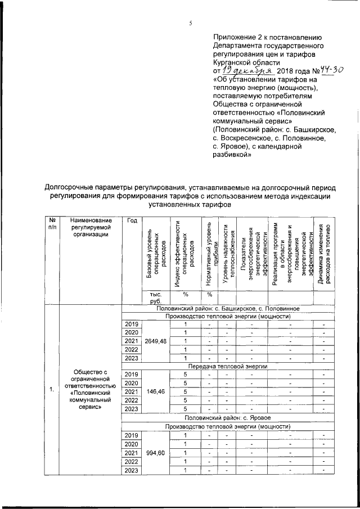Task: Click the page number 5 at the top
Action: pos(190,23)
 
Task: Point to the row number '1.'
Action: pos(52,390)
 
